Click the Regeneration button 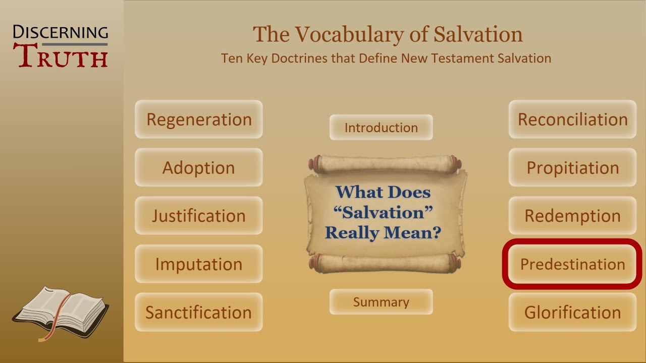(x=198, y=119)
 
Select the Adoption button (x=198, y=167)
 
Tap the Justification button (x=198, y=216)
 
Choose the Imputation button (x=198, y=264)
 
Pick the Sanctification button (x=198, y=312)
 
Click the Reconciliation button (x=572, y=119)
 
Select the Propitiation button (x=572, y=167)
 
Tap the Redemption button (x=572, y=216)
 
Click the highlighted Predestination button (x=572, y=264)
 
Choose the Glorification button (x=572, y=312)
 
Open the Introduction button (x=381, y=128)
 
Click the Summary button (x=381, y=302)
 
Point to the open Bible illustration (x=61, y=308)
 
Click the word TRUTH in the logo (x=63, y=57)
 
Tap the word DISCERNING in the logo (x=61, y=33)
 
